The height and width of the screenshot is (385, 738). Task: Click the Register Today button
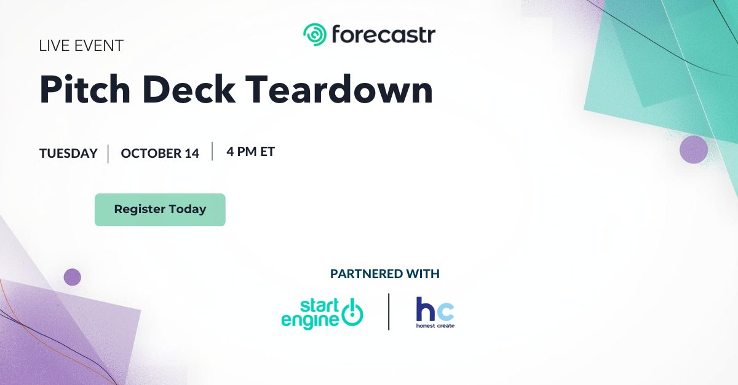pyautogui.click(x=160, y=209)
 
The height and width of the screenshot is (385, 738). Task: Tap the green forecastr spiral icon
pyautogui.click(x=315, y=34)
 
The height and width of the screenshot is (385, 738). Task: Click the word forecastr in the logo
pyautogui.click(x=384, y=34)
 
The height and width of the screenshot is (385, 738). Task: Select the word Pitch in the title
pyautogui.click(x=85, y=89)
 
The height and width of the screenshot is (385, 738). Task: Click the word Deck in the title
pyautogui.click(x=189, y=89)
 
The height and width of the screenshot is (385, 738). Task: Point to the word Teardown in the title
pyautogui.click(x=339, y=89)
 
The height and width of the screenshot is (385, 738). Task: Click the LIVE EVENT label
pyautogui.click(x=81, y=45)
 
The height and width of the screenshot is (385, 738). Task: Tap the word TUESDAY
pyautogui.click(x=68, y=154)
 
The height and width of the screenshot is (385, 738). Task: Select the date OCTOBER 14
pyautogui.click(x=160, y=154)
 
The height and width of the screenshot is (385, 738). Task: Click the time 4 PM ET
pyautogui.click(x=251, y=152)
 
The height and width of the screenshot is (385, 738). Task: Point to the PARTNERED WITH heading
pyautogui.click(x=385, y=274)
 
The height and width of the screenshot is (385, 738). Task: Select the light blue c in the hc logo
pyautogui.click(x=446, y=312)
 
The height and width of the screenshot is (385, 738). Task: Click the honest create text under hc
pyautogui.click(x=435, y=326)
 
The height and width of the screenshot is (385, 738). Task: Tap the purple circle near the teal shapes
pyautogui.click(x=694, y=150)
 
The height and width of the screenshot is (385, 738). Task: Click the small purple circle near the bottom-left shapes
pyautogui.click(x=72, y=277)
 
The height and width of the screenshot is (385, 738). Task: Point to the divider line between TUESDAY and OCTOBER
pyautogui.click(x=108, y=154)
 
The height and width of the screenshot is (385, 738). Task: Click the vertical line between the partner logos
pyautogui.click(x=389, y=311)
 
